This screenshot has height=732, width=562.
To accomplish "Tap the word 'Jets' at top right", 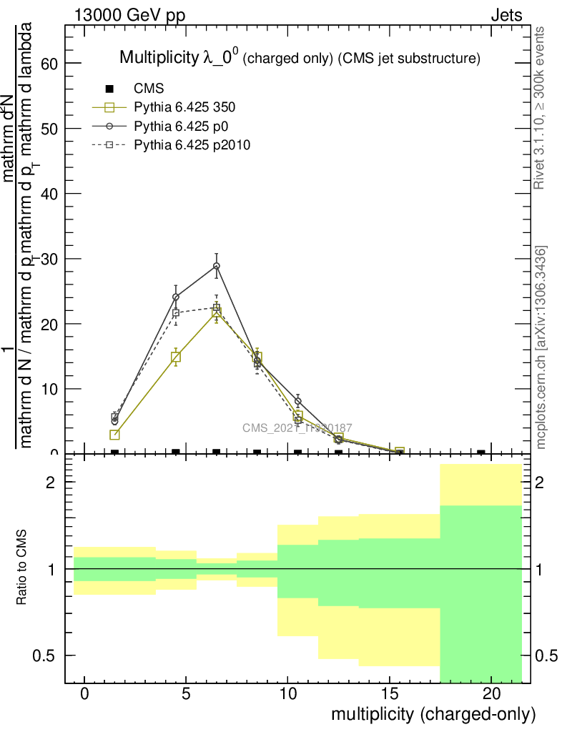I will [506, 15].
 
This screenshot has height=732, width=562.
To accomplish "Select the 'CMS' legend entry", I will [149, 89].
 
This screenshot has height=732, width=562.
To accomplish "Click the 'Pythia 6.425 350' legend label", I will [184, 108].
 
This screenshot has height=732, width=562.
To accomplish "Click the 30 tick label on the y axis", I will [49, 259].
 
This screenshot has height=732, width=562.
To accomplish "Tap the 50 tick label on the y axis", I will [49, 129].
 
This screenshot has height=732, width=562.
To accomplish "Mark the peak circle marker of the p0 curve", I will [217, 266].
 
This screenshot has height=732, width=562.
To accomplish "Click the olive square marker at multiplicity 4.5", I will [176, 357].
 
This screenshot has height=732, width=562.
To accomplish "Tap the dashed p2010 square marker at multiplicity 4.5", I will [176, 313].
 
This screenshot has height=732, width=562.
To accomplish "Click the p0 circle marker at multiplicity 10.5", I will [298, 401].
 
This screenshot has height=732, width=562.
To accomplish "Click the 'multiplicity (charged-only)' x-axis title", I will [433, 714].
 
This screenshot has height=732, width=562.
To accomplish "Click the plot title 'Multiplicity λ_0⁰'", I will [180, 58].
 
